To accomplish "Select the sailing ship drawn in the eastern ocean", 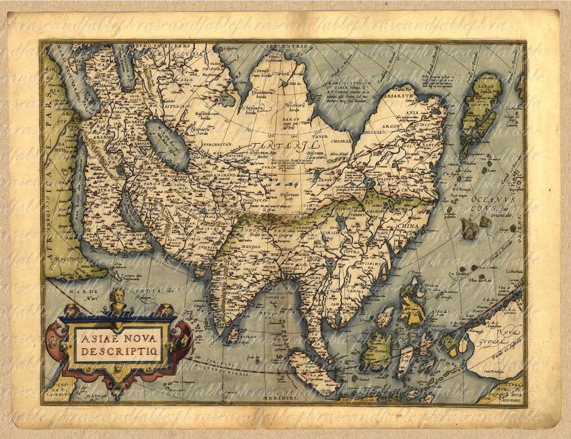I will [x=469, y=228].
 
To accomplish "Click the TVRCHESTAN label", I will [x=219, y=144].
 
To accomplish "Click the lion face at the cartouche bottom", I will [x=118, y=370].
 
